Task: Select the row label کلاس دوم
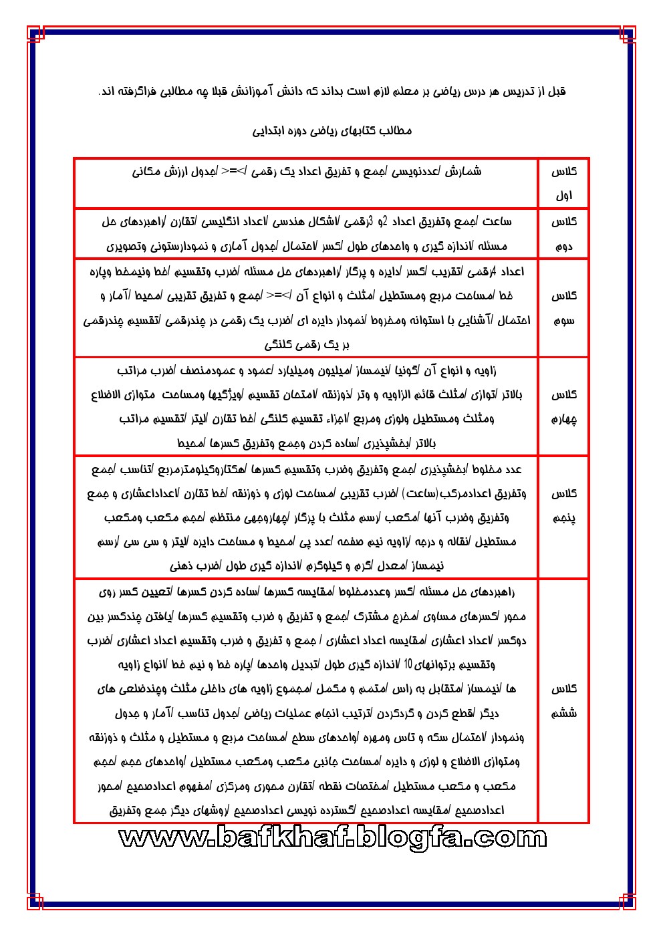(x=563, y=234)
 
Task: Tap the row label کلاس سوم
(x=563, y=307)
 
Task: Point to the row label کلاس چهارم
(x=563, y=406)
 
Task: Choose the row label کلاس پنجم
(x=563, y=505)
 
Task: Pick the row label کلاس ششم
(x=563, y=700)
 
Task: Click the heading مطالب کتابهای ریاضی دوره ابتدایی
(x=332, y=130)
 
